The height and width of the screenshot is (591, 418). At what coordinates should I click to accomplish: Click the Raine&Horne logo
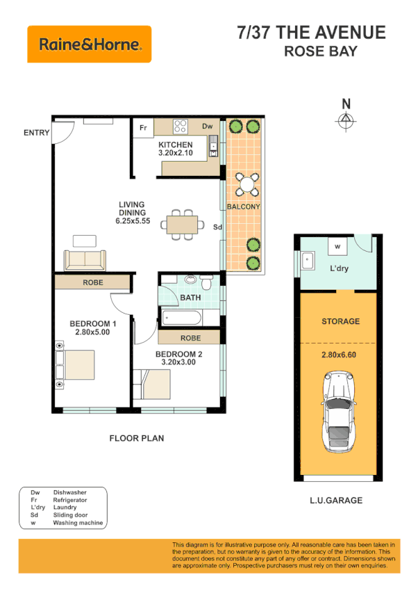89,44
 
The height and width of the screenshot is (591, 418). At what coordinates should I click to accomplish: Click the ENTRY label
36,133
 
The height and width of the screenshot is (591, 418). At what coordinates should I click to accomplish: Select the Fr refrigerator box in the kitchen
144,127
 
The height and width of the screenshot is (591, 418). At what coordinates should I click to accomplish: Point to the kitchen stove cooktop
181,127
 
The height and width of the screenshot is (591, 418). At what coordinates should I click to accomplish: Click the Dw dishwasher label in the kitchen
207,127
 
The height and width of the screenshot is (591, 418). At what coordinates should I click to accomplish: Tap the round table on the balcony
244,184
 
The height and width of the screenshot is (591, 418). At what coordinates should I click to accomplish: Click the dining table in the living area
181,225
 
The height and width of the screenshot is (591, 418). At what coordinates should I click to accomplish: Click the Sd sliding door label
217,227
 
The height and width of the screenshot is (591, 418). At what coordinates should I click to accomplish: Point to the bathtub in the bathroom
182,318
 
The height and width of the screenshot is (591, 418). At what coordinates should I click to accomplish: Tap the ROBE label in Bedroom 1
93,283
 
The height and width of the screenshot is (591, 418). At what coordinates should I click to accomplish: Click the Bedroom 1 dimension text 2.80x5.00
92,332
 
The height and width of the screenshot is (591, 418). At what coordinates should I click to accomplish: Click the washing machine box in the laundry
337,246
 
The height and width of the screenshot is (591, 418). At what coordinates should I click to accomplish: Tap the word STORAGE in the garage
340,321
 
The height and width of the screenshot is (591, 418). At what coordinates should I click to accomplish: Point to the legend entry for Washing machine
78,522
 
